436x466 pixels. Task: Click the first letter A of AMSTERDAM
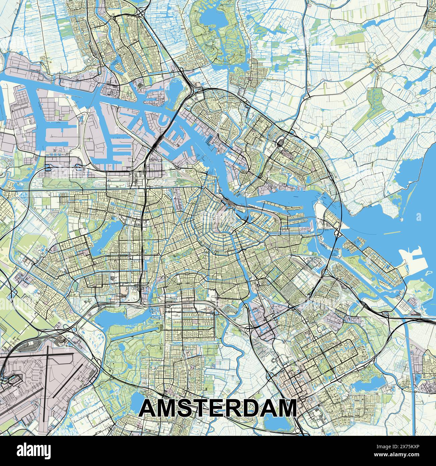[148, 408]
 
